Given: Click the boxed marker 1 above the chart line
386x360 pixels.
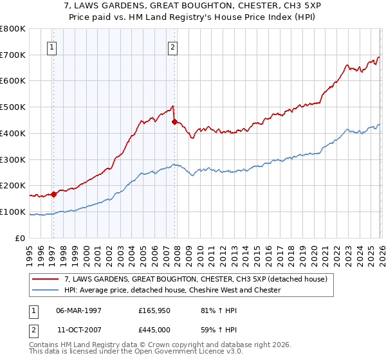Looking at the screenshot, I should pyautogui.click(x=51, y=46).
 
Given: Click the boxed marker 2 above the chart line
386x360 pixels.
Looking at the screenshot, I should pyautogui.click(x=173, y=46).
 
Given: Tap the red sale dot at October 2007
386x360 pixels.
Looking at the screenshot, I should pyautogui.click(x=174, y=122).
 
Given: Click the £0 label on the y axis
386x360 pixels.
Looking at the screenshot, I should pyautogui.click(x=20, y=238).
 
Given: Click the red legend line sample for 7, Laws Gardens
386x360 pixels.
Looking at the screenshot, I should pyautogui.click(x=46, y=280).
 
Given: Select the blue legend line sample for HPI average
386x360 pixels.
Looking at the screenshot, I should pyautogui.click(x=46, y=290).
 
